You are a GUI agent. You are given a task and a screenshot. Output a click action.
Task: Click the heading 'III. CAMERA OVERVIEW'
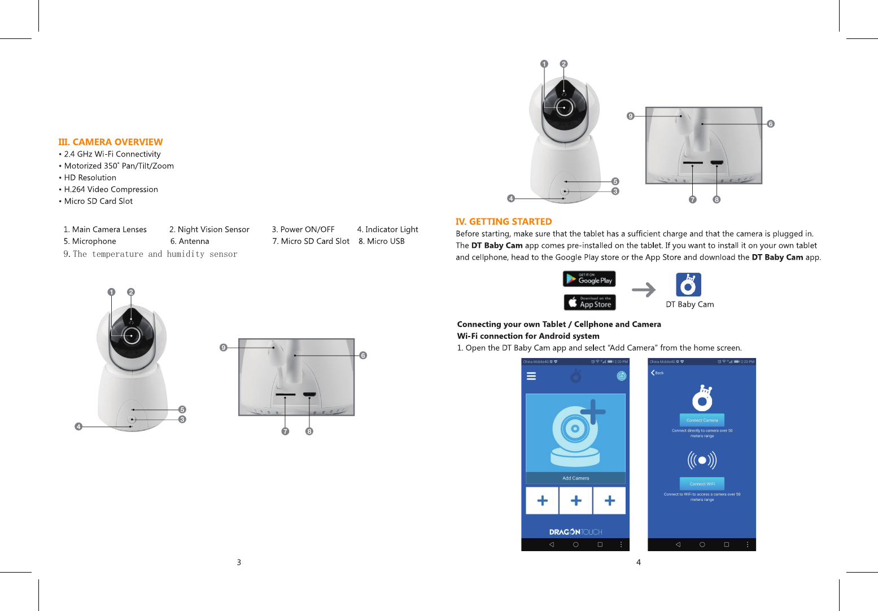click(110, 142)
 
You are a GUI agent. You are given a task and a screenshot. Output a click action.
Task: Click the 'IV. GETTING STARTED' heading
click(503, 221)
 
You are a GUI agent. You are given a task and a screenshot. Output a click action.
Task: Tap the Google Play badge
click(589, 279)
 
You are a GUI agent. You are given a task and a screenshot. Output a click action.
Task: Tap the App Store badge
click(589, 302)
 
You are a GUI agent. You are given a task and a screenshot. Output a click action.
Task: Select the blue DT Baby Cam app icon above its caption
click(688, 285)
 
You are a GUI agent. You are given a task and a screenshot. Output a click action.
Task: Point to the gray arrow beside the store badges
click(644, 290)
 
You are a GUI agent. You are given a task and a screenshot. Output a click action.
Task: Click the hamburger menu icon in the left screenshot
click(531, 376)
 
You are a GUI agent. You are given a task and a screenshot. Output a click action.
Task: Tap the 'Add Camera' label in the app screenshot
click(575, 478)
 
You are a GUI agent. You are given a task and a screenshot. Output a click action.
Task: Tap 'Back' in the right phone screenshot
click(657, 373)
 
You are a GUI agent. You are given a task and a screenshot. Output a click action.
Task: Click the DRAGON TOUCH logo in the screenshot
click(575, 532)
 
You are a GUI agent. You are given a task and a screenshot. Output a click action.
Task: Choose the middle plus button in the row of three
click(576, 500)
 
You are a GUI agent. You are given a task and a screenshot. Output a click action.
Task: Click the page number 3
click(239, 562)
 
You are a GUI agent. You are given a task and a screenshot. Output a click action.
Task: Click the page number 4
click(639, 562)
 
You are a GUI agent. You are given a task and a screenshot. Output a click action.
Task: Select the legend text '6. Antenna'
click(190, 241)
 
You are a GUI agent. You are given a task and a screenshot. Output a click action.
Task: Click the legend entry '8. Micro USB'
click(382, 241)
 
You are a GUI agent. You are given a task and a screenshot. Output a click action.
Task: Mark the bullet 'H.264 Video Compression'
click(111, 189)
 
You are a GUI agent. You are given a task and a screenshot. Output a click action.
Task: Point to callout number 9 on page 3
click(224, 347)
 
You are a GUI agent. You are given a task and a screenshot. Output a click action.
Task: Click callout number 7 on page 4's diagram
click(693, 199)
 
